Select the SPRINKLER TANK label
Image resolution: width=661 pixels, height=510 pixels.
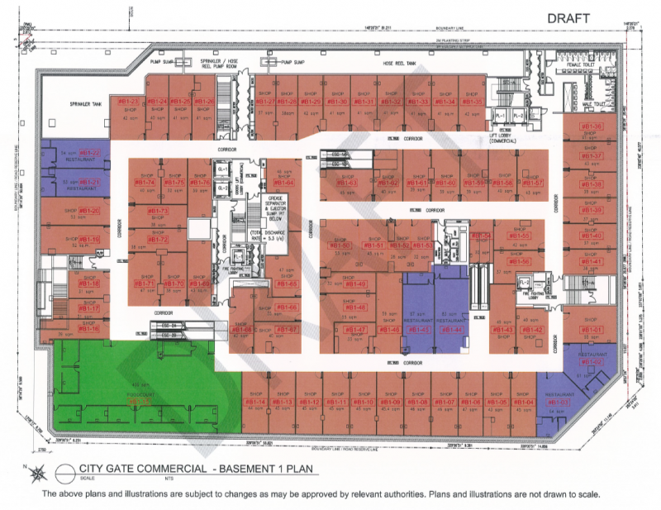tap(84, 105)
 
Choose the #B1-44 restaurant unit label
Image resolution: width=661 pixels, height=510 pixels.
tap(451, 330)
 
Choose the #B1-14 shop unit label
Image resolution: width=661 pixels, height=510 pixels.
tap(256, 402)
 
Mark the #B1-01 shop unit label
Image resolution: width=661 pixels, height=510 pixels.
tap(592, 330)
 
